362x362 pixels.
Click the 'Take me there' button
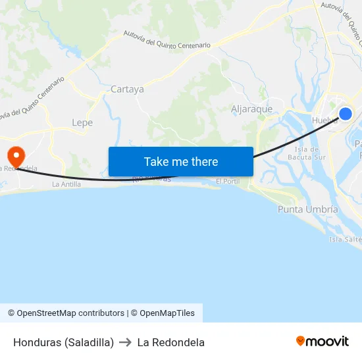tap(180, 161)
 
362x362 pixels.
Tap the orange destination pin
tap(14, 156)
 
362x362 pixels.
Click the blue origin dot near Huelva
tap(345, 114)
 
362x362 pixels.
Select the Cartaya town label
tap(127, 90)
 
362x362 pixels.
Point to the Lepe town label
tap(82, 122)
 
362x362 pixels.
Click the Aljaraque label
tap(252, 109)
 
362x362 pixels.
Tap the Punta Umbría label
tap(307, 209)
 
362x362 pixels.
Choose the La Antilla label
tap(66, 184)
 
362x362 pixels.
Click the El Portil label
tap(227, 181)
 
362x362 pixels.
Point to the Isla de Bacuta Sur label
tap(307, 153)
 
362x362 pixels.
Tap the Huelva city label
tap(324, 120)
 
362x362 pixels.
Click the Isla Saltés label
tap(345, 240)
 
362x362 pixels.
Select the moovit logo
tap(323, 342)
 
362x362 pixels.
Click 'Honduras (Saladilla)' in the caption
tap(63, 342)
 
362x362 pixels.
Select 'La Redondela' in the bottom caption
tap(171, 342)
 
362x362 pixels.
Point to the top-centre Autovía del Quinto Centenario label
tap(167, 40)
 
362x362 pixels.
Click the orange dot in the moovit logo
tap(301, 341)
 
